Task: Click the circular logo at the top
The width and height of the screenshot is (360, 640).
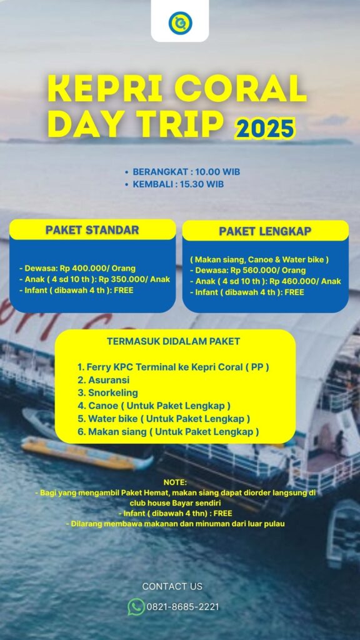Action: point(180,23)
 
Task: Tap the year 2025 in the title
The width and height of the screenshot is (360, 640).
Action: point(265,128)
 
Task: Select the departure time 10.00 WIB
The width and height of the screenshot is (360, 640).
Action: point(217,172)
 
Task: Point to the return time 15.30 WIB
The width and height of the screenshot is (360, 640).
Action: point(201,184)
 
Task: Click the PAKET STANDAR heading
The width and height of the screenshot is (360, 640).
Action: point(92,230)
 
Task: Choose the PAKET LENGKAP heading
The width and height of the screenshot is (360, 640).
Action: point(266,231)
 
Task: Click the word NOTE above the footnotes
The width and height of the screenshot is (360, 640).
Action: point(174,482)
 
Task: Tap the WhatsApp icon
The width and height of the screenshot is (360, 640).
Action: point(136,606)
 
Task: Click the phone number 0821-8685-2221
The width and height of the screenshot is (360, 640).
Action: point(182,607)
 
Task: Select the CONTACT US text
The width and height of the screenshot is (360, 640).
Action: point(172,586)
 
